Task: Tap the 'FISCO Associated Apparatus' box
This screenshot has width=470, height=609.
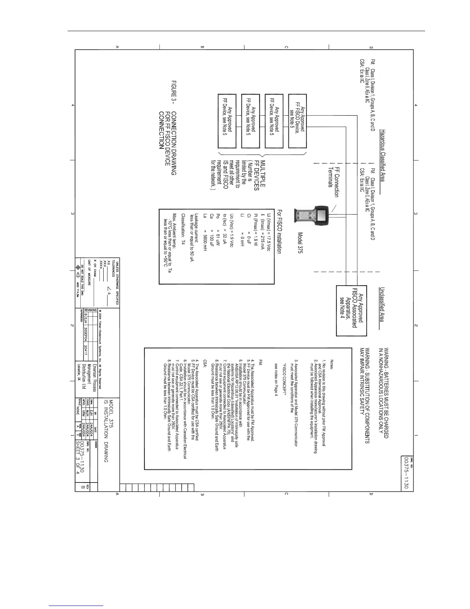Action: pyautogui.click(x=352, y=310)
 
